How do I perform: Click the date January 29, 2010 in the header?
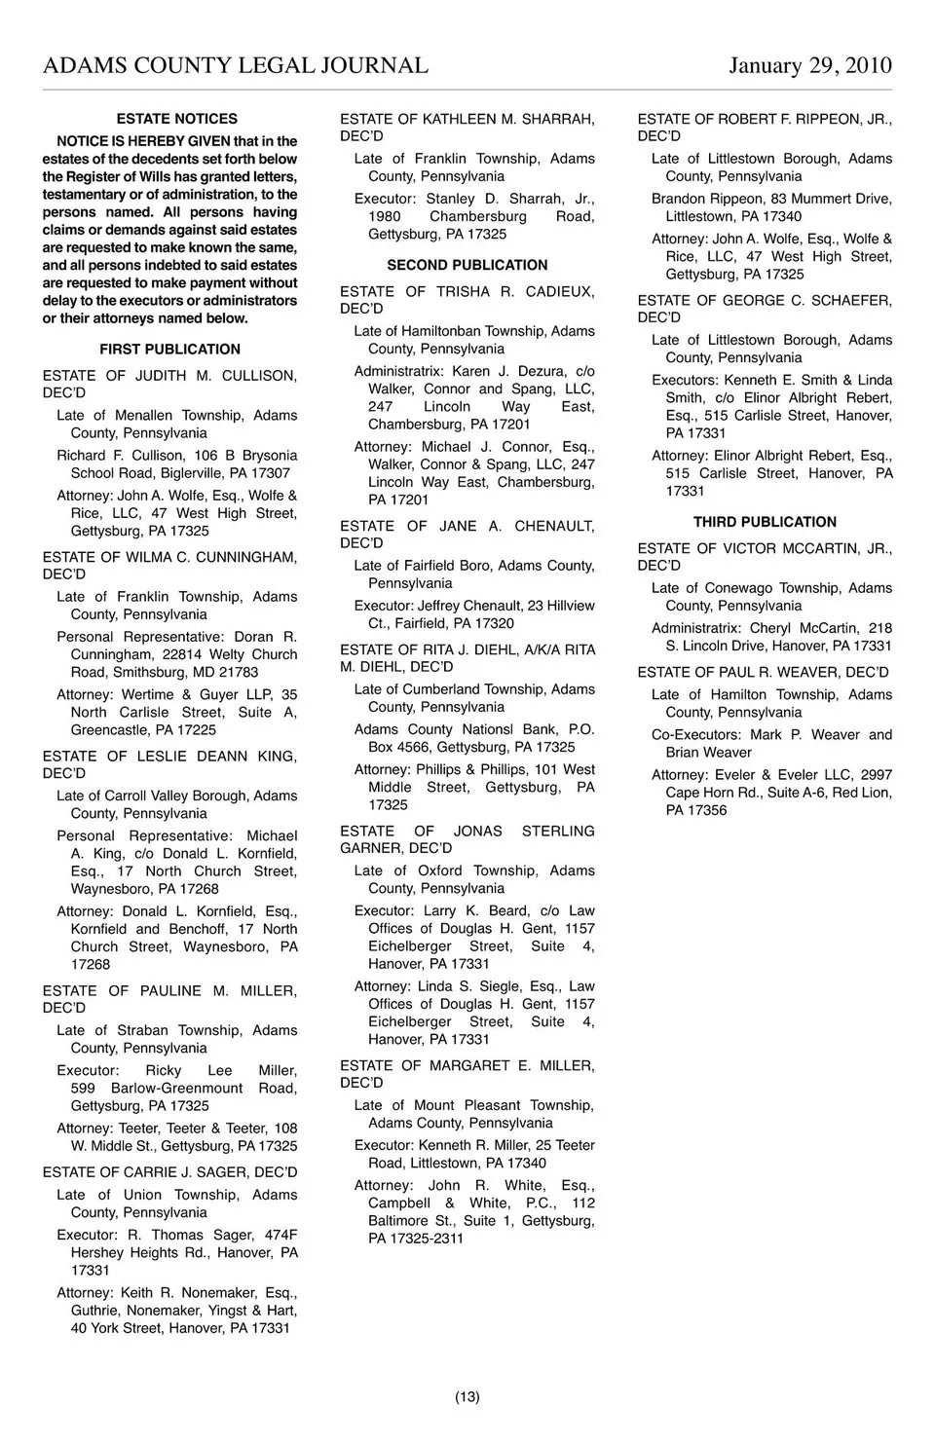coord(809,65)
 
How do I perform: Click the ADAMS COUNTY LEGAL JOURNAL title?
coord(235,65)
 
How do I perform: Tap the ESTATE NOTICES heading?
coord(176,119)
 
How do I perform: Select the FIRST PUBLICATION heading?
coord(169,350)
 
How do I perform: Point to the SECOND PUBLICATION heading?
coord(467,265)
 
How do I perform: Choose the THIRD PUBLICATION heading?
coord(765,522)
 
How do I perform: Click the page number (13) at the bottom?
coord(467,1397)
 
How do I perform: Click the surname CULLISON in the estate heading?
coord(260,376)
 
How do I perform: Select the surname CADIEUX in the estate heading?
coord(560,292)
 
